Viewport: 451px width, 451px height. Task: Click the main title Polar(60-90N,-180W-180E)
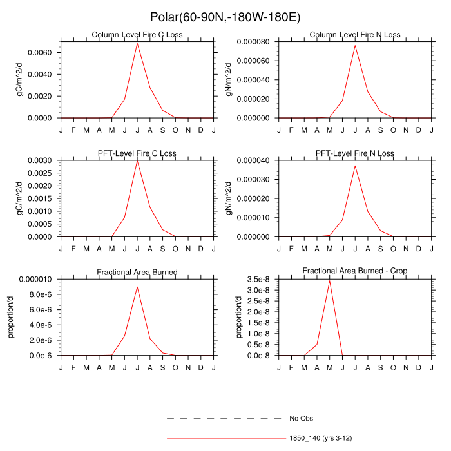coord(225,17)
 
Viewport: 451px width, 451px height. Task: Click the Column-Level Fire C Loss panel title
coord(137,35)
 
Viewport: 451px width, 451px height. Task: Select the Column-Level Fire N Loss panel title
coord(355,35)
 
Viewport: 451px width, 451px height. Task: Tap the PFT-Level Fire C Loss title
coord(137,154)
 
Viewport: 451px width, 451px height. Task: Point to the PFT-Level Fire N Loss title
coord(355,154)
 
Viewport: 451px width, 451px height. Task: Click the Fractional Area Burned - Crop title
coord(355,271)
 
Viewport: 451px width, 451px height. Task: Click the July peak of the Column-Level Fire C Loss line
coord(137,43)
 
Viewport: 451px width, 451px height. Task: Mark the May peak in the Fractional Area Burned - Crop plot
coord(329,280)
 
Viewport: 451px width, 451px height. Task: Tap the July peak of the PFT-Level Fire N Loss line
coord(355,166)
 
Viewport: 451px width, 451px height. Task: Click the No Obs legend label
coord(302,419)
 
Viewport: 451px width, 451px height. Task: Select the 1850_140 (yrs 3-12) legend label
coord(320,439)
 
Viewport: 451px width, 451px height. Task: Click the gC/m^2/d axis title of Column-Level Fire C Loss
coord(20,79)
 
